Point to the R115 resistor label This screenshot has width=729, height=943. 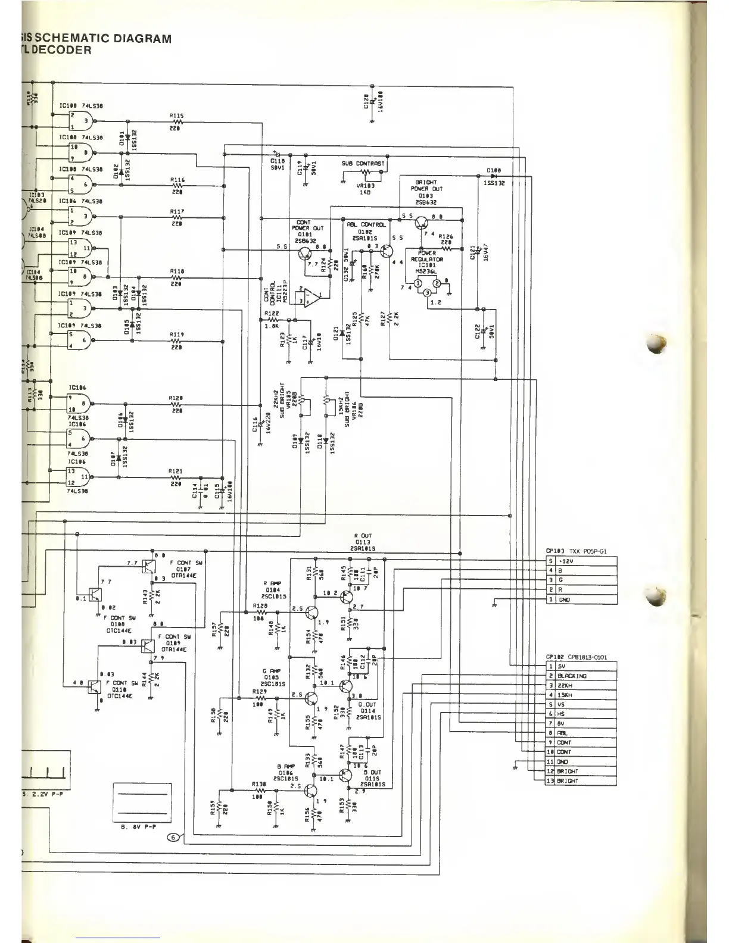click(176, 116)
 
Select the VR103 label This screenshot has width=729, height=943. click(364, 186)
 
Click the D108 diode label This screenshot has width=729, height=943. click(494, 170)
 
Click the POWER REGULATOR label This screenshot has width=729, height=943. click(427, 256)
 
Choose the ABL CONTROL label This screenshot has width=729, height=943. click(366, 224)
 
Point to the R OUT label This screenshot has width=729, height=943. click(363, 536)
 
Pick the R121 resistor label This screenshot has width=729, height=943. click(176, 471)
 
